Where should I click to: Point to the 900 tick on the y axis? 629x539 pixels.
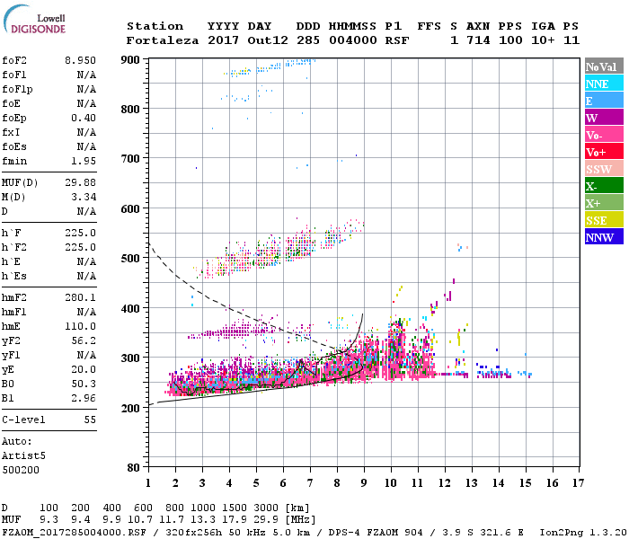pos(131,59)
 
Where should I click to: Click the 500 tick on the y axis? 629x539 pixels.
pos(131,259)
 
